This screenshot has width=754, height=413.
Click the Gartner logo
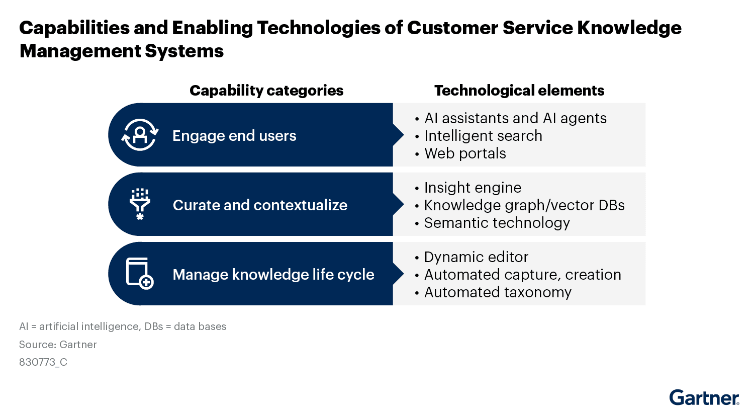tap(704, 397)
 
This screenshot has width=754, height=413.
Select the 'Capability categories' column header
tap(266, 91)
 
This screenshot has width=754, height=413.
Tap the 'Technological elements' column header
tap(519, 91)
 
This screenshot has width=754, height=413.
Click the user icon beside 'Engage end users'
tap(140, 135)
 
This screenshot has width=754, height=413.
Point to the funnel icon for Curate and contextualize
tap(140, 204)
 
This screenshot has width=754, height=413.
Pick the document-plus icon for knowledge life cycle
tap(139, 274)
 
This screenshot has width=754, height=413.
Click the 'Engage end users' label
tap(234, 136)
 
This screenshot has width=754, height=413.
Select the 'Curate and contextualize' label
tap(260, 205)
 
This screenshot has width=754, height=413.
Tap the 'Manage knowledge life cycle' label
tap(273, 275)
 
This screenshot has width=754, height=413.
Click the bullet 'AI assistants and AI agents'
tap(515, 118)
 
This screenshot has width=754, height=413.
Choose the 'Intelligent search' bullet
tap(483, 136)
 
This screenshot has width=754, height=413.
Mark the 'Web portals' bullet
tap(465, 153)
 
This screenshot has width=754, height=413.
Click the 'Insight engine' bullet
tap(473, 188)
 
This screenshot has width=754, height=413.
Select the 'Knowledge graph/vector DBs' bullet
tap(524, 205)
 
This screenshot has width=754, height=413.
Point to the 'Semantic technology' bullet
tap(497, 223)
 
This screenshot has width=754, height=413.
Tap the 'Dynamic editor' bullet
tap(476, 257)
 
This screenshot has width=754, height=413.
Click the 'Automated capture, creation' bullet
tap(522, 275)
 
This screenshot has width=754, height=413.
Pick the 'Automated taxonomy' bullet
tap(498, 292)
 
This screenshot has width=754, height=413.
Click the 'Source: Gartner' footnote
tap(58, 345)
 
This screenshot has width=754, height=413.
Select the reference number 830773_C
tap(43, 362)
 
